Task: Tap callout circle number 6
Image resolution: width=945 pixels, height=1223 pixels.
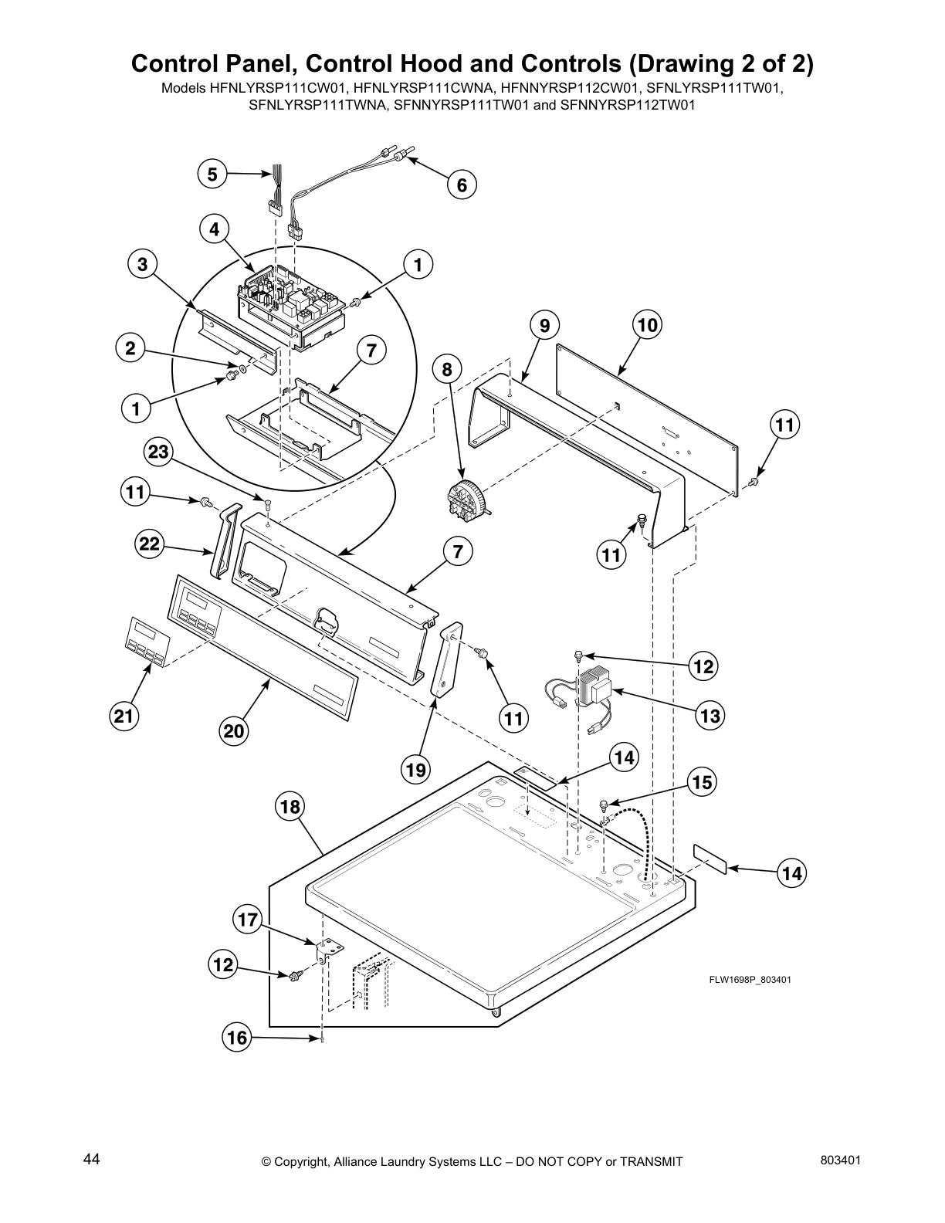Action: (x=462, y=185)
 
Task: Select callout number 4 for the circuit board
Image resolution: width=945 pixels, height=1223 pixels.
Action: (x=215, y=229)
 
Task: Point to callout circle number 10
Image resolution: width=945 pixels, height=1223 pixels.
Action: (x=648, y=325)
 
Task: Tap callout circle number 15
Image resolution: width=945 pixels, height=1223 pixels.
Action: (x=702, y=782)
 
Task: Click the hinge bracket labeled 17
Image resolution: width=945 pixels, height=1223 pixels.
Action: (x=328, y=949)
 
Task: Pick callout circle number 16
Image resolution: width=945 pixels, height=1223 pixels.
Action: (x=237, y=1038)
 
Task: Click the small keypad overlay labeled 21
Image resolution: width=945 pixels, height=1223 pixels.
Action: (x=146, y=642)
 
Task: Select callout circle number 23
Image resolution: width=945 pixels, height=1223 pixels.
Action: (x=158, y=452)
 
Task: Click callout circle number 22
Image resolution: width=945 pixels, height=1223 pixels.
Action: (x=149, y=544)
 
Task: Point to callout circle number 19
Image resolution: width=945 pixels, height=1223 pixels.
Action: (x=415, y=768)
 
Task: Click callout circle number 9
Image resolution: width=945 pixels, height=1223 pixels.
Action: (x=544, y=325)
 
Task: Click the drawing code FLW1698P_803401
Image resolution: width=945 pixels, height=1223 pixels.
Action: (x=750, y=980)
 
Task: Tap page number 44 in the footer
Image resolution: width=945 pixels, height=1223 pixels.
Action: (x=92, y=1159)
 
